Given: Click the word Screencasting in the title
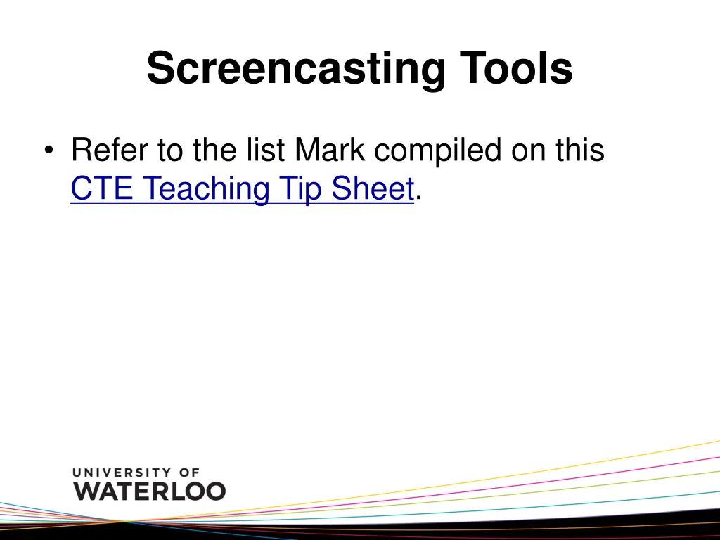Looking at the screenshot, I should [296, 70].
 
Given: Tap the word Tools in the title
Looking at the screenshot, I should [516, 68].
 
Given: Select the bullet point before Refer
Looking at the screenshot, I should [48, 151].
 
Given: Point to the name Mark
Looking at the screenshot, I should [333, 150].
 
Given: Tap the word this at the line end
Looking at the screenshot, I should [579, 150].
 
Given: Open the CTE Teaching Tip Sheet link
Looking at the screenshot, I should [242, 189].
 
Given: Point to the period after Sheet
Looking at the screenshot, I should [419, 198].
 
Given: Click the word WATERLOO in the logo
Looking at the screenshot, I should [150, 490].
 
